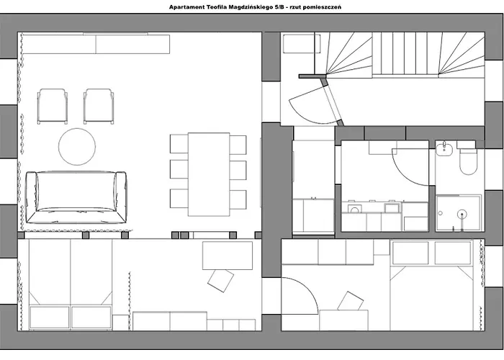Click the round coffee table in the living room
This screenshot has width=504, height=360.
tap(77, 147)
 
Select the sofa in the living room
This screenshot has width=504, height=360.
tap(76, 197)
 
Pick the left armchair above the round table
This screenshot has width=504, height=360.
tap(53, 107)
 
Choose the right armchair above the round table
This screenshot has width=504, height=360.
tap(99, 107)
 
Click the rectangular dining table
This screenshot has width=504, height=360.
tap(209, 174)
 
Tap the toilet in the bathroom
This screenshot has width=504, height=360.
tap(468, 161)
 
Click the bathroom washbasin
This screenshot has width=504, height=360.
tap(444, 149)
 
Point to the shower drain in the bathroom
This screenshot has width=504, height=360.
tap(462, 213)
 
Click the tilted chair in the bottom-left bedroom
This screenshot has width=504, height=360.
tap(220, 281)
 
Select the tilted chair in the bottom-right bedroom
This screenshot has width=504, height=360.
tap(350, 302)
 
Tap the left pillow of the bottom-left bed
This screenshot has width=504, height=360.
tap(50, 318)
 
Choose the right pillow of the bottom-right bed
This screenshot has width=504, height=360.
tap(453, 253)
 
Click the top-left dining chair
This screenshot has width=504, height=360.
tap(179, 144)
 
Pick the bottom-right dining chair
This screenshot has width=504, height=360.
tap(238, 199)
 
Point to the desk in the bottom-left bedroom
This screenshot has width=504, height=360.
tap(228, 256)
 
